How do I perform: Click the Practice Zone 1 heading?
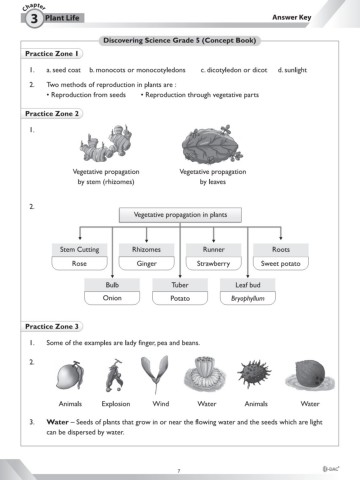click(53, 52)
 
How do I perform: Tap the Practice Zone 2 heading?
click(53, 115)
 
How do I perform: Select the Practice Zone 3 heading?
click(53, 326)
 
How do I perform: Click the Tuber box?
click(180, 284)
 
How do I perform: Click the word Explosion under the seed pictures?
click(116, 404)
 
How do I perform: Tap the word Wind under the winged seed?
click(160, 404)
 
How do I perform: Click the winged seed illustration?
click(160, 375)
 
